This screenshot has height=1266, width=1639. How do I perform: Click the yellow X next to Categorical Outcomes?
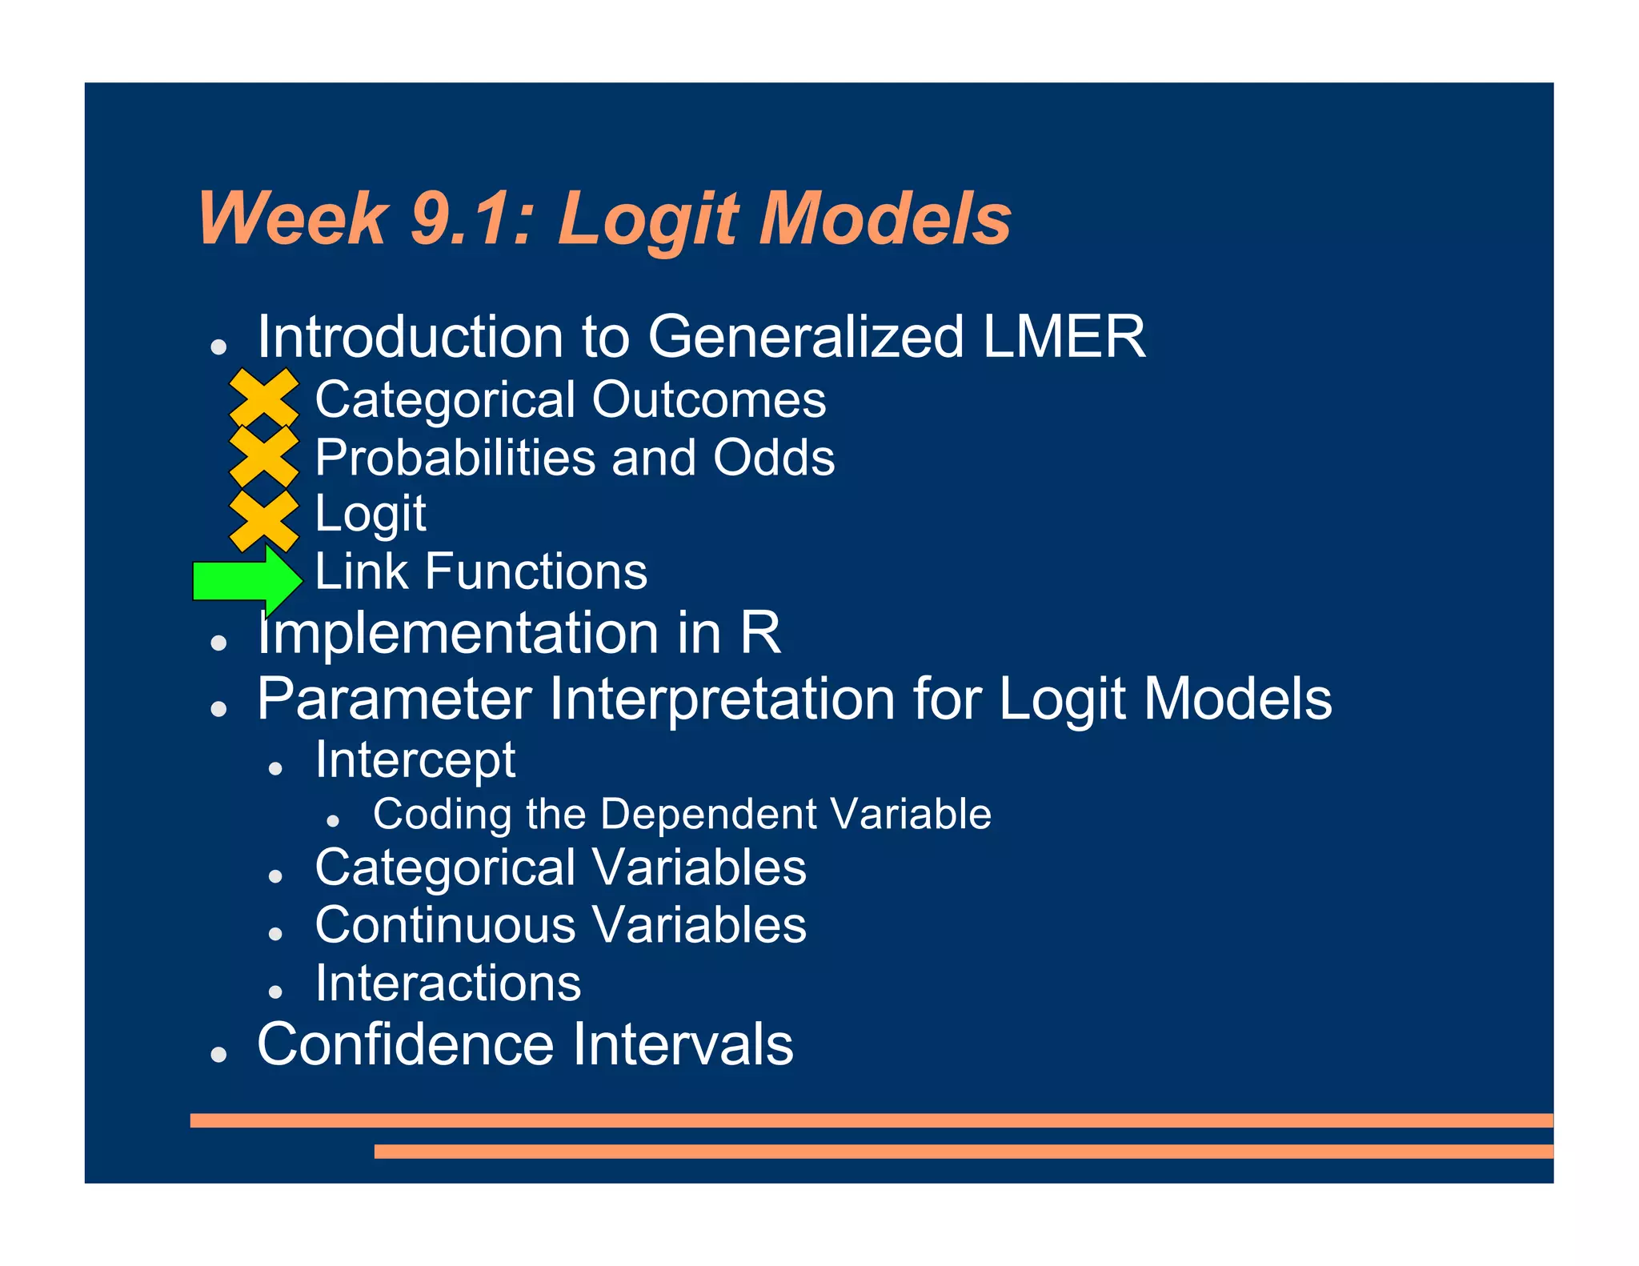(264, 399)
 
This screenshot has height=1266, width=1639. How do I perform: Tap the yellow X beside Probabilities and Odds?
(264, 457)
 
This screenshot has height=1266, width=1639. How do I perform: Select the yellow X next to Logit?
(264, 520)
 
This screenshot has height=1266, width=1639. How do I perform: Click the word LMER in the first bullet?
(1064, 337)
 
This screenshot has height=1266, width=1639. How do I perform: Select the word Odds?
(774, 458)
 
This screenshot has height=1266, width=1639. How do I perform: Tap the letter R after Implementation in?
(759, 633)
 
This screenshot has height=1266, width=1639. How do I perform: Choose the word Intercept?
(415, 759)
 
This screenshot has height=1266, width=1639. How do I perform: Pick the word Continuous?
(445, 925)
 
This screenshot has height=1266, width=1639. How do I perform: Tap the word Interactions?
(447, 983)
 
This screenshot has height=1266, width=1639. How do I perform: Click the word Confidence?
(405, 1044)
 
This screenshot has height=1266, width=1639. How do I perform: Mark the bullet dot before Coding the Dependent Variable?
(333, 822)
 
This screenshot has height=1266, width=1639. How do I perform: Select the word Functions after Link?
(535, 571)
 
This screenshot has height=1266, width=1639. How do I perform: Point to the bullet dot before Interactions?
(275, 992)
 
